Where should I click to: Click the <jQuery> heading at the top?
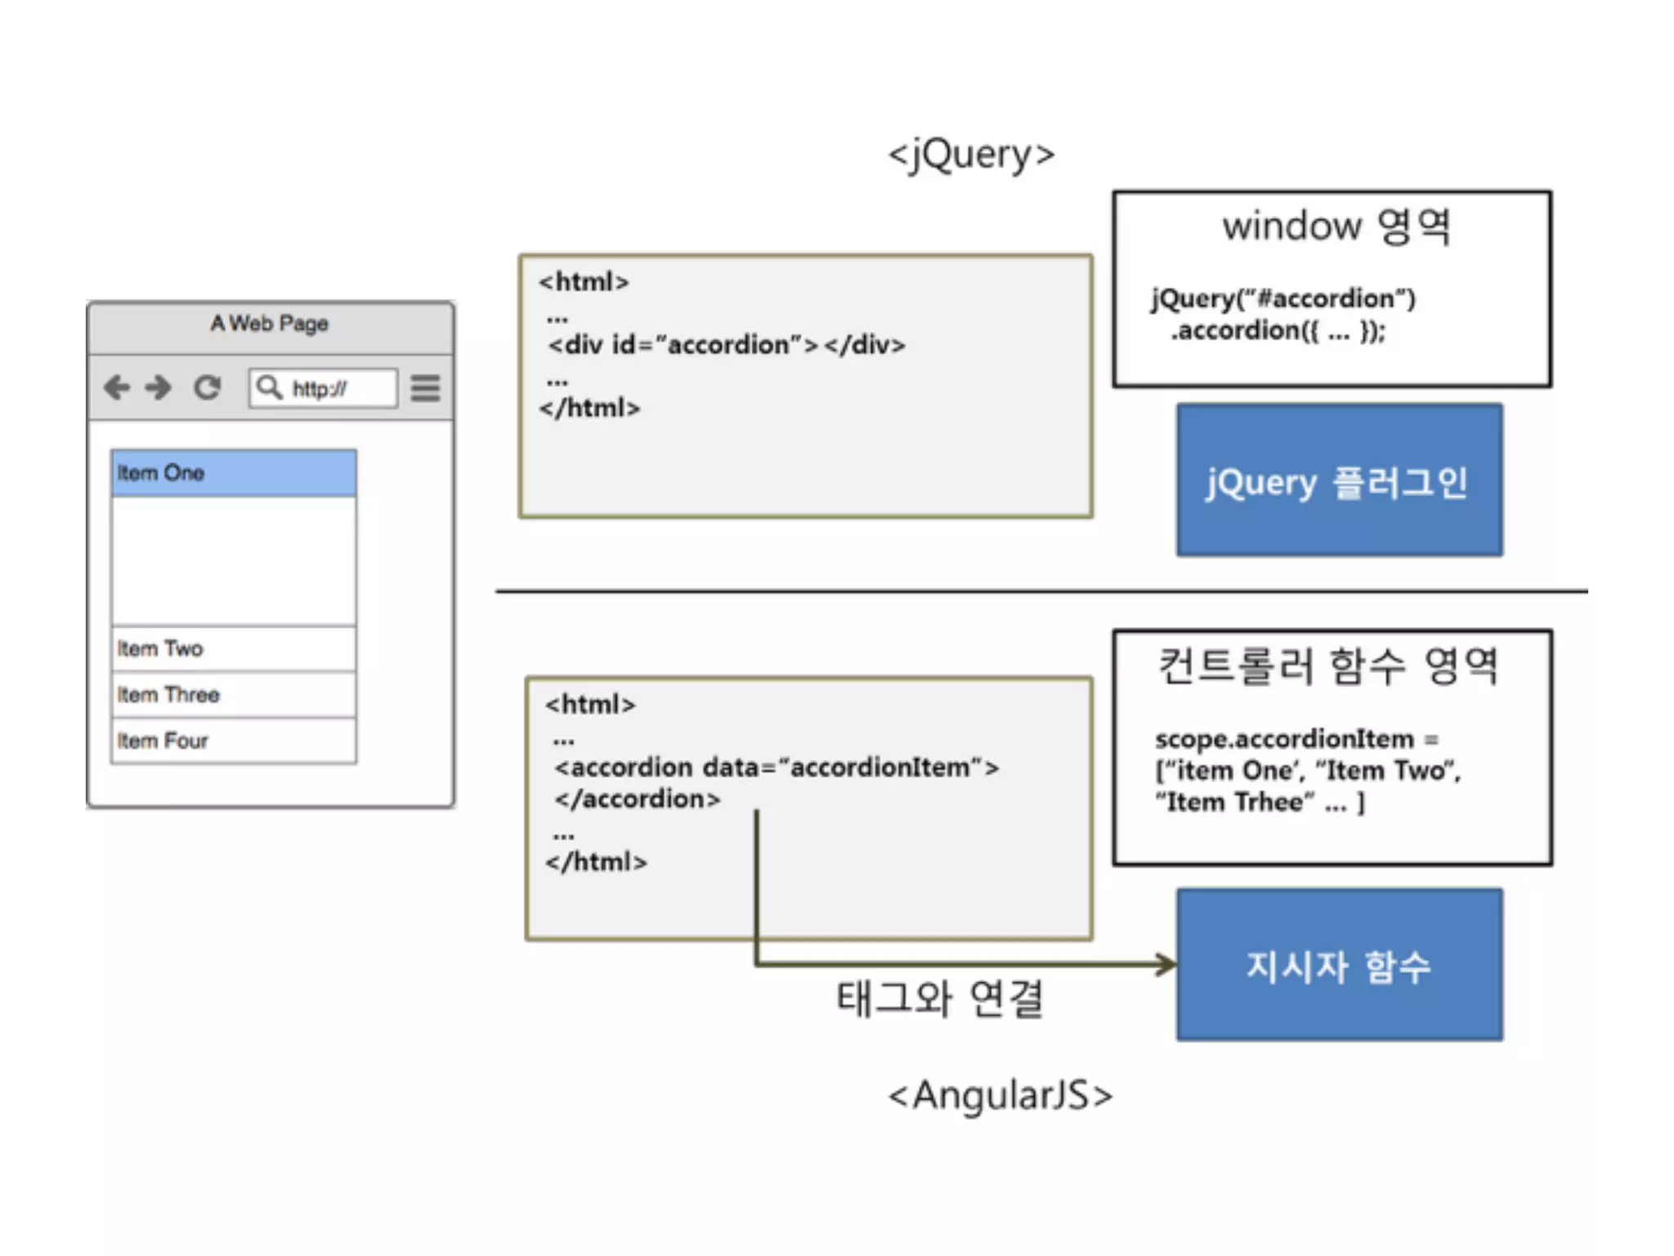pos(971,155)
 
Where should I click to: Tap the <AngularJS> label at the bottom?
pos(1000,1096)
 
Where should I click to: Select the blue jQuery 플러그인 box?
pos(1339,481)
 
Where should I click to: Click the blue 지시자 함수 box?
pos(1339,965)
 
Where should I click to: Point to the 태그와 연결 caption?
pos(940,998)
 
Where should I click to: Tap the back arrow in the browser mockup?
pos(117,388)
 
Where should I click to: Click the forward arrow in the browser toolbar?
pos(159,388)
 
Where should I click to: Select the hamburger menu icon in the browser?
pos(425,388)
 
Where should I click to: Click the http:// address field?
pos(324,388)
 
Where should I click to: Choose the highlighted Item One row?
pos(234,473)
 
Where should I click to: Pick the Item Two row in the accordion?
pos(234,648)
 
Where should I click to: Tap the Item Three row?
pos(234,695)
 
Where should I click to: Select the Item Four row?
pos(234,741)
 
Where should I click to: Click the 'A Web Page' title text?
pos(269,324)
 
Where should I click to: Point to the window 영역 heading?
pos(1336,226)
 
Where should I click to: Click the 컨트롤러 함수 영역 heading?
pos(1329,666)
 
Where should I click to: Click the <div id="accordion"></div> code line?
pos(727,345)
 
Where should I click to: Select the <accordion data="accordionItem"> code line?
pos(777,768)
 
